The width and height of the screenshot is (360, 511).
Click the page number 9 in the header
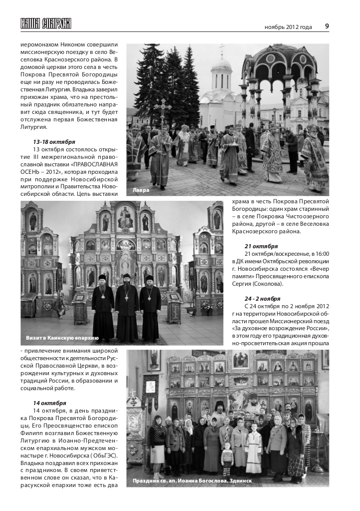click(326, 26)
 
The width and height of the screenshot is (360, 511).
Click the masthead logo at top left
click(45, 23)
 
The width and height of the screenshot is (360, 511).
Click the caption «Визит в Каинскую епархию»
click(62, 339)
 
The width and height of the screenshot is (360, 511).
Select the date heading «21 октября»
click(261, 246)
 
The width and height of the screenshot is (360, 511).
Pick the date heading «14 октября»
click(49, 403)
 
